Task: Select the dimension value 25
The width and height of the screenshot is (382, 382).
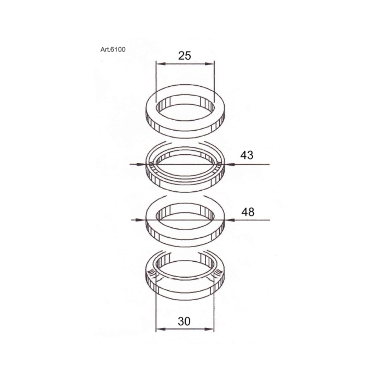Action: tap(185, 56)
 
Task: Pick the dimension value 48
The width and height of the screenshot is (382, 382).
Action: tap(248, 212)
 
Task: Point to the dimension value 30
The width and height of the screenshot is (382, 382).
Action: tap(184, 322)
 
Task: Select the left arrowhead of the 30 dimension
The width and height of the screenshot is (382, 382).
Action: tap(159, 329)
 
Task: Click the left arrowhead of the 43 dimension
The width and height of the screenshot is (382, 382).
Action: tap(143, 165)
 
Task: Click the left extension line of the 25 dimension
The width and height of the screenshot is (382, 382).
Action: tap(156, 80)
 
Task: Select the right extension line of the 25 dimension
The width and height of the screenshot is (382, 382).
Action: tap(214, 80)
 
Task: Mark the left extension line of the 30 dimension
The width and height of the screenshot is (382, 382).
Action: tap(156, 309)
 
